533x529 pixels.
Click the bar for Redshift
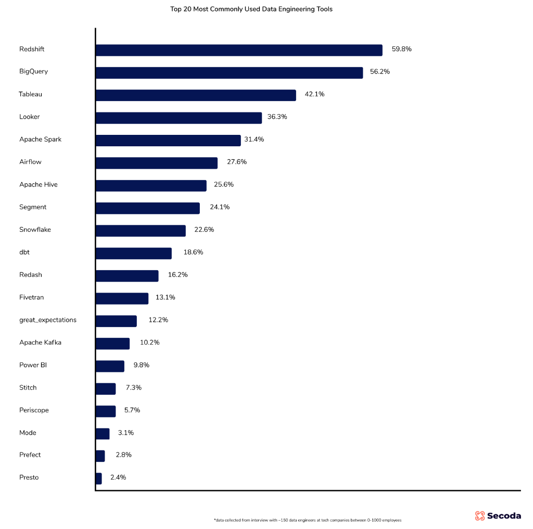click(239, 50)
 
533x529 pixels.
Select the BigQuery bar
click(229, 73)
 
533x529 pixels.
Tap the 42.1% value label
click(314, 94)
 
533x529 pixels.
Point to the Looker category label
click(30, 117)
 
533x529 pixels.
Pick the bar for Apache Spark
click(168, 141)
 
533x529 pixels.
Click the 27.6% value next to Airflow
click(237, 162)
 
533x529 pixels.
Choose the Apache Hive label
click(39, 184)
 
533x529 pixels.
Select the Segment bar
click(148, 208)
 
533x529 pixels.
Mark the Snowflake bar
click(141, 231)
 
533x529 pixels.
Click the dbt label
click(24, 252)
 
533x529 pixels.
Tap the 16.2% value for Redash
click(177, 274)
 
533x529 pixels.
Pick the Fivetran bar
click(122, 298)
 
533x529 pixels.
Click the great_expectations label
click(48, 320)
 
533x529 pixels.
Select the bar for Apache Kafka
click(112, 344)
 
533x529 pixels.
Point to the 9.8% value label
click(141, 365)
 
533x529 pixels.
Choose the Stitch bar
click(106, 389)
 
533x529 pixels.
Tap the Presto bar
click(99, 478)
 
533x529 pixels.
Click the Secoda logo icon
click(480, 516)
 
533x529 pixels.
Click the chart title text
click(251, 9)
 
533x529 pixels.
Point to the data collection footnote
click(308, 520)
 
